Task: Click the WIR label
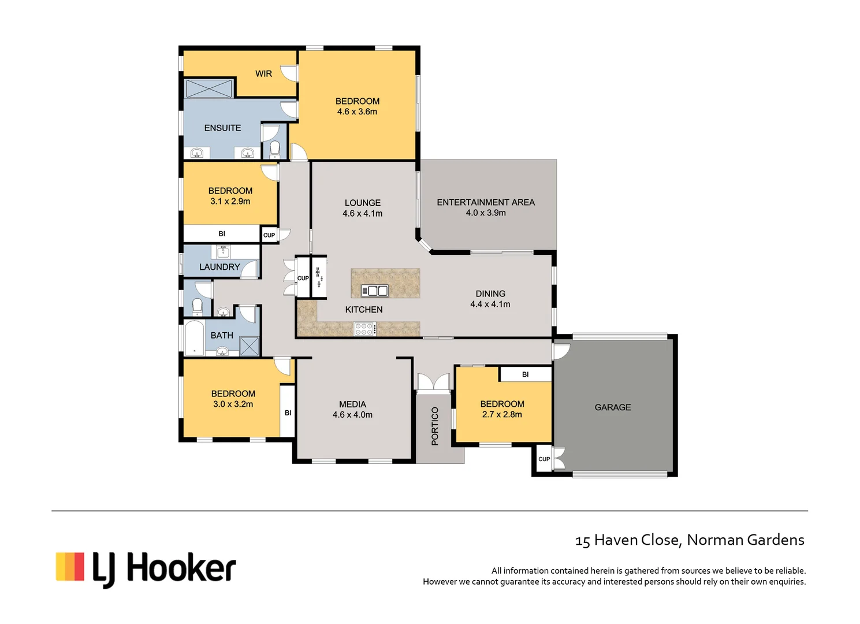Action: click(x=263, y=73)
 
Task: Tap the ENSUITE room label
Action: click(x=222, y=128)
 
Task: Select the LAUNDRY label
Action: click(x=219, y=267)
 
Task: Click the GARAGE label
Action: click(x=612, y=407)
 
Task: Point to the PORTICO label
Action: click(x=435, y=426)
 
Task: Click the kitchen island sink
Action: click(x=374, y=291)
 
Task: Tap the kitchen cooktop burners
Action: click(x=365, y=329)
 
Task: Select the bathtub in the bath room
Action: click(x=194, y=337)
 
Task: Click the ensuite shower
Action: click(x=209, y=89)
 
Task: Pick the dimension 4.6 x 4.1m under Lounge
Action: click(x=362, y=213)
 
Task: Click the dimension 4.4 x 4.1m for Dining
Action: click(x=490, y=304)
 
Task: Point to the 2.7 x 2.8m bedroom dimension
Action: click(x=502, y=414)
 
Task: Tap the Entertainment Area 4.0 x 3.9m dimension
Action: click(x=486, y=213)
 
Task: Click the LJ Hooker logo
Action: click(x=146, y=568)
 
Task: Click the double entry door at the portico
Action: click(x=433, y=382)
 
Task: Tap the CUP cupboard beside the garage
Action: click(x=544, y=459)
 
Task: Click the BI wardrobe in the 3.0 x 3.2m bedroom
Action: click(x=288, y=412)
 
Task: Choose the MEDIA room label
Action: click(x=352, y=404)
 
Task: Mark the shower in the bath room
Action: click(x=250, y=346)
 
